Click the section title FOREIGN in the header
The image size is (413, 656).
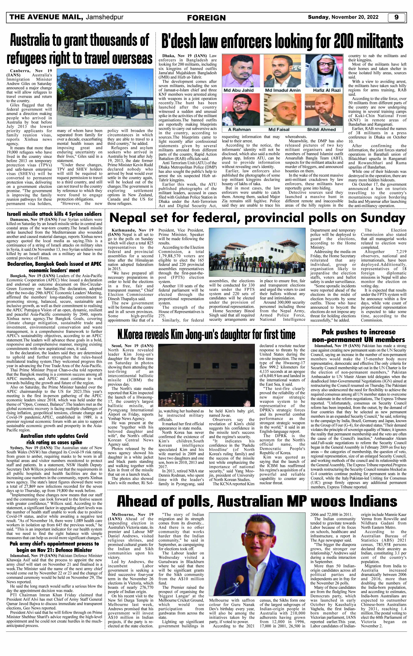[206, 18]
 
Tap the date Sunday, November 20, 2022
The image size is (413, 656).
[343, 17]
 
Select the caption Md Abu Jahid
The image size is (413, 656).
[238, 90]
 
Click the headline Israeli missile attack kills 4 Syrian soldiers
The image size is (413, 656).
[54, 214]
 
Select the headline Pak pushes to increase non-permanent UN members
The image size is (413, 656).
[358, 336]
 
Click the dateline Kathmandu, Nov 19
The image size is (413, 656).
[131, 230]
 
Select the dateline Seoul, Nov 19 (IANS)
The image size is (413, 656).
[131, 346]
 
